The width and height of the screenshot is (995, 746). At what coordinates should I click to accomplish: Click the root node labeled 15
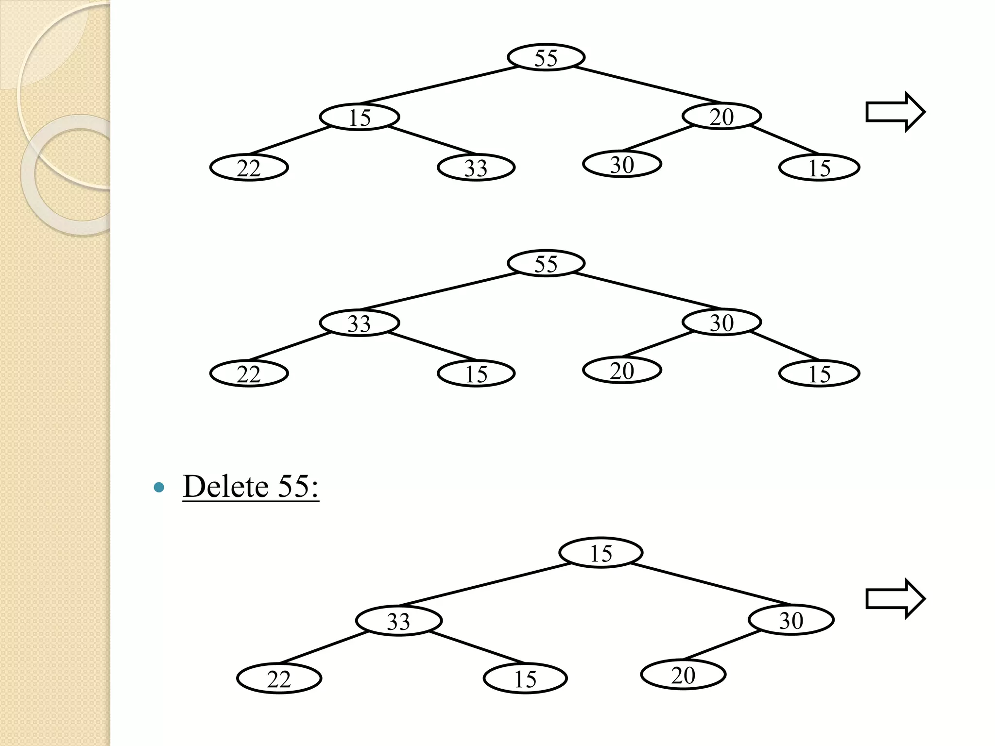coord(600,553)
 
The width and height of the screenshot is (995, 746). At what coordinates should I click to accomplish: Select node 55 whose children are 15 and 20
coord(546,57)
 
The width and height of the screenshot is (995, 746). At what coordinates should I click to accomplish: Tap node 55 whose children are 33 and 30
coord(546,263)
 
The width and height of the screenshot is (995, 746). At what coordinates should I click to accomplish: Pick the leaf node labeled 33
coord(476,168)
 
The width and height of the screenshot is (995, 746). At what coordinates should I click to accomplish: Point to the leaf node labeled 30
coord(622,164)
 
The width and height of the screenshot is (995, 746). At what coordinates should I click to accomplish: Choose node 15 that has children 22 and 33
coord(360,117)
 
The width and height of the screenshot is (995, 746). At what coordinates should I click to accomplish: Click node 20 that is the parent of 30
coord(721,117)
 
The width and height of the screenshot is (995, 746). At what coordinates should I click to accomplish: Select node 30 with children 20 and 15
coord(721,322)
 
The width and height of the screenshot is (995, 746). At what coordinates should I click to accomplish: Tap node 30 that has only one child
coord(791,620)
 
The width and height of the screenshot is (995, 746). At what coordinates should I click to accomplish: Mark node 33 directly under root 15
coord(398,621)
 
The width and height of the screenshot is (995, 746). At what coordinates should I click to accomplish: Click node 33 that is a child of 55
coord(360,323)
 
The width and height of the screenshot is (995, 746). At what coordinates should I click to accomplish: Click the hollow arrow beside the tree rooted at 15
coord(895,599)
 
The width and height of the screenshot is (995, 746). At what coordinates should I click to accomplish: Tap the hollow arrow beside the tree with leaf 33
coord(895,112)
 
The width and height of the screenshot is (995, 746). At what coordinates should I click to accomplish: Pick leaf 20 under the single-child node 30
coord(683,675)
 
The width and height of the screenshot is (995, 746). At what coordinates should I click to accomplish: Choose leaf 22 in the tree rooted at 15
coord(279,678)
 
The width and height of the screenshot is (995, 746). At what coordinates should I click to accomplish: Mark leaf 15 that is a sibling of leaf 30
coord(819,168)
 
